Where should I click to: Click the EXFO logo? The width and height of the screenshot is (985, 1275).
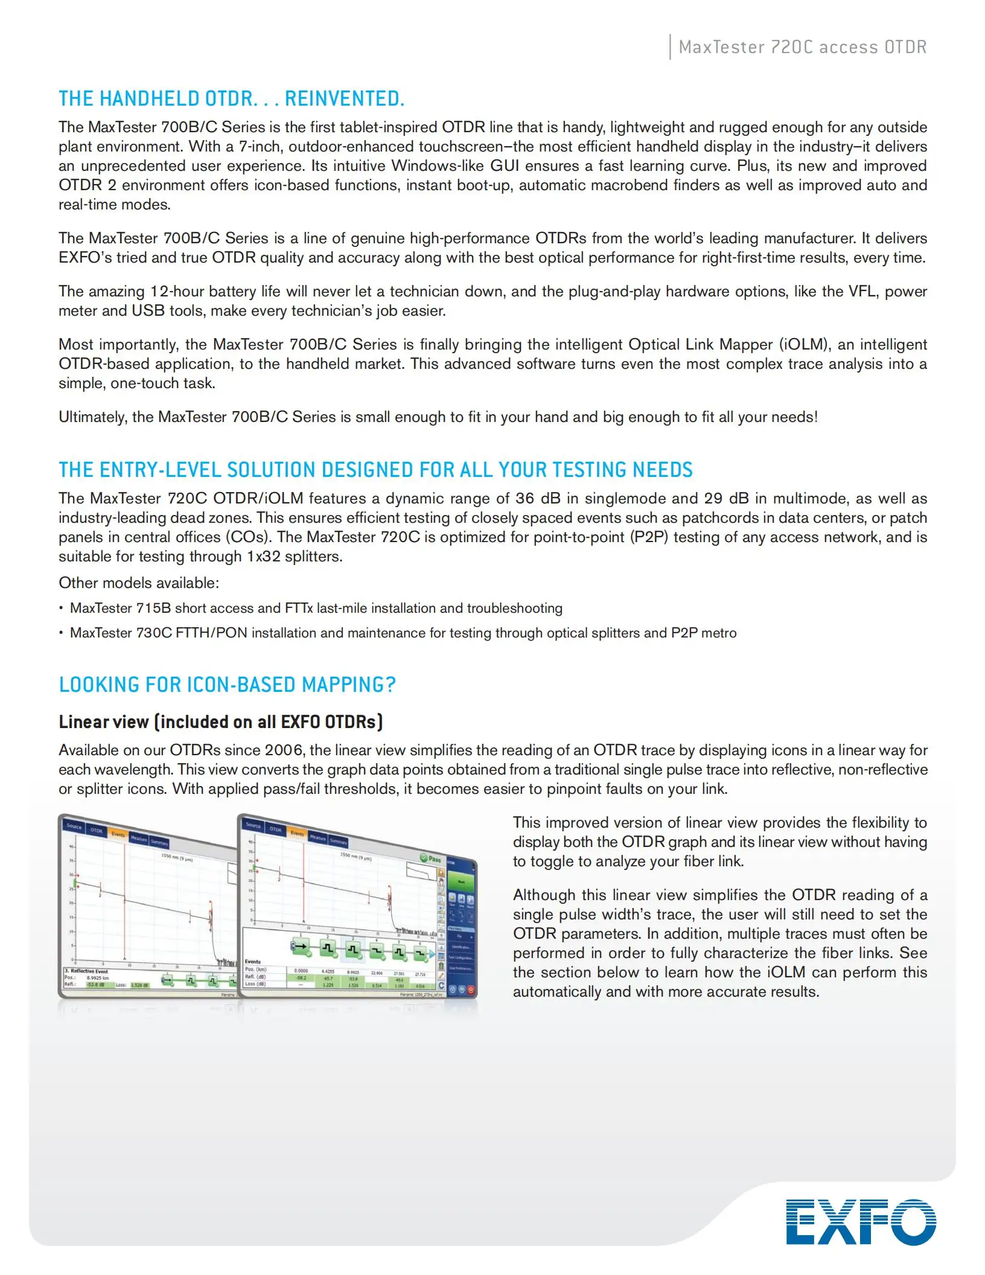pyautogui.click(x=861, y=1222)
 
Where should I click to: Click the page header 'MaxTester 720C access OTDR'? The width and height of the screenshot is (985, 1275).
pyautogui.click(x=802, y=47)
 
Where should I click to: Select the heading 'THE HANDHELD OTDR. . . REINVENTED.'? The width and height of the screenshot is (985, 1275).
pyautogui.click(x=231, y=98)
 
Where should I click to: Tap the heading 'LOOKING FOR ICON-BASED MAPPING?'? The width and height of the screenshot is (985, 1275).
pyautogui.click(x=227, y=685)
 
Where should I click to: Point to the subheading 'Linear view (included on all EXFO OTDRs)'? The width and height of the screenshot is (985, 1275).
pyautogui.click(x=220, y=722)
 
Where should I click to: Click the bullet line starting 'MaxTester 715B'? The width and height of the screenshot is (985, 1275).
pyautogui.click(x=316, y=608)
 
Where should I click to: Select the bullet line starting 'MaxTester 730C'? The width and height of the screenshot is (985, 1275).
pyautogui.click(x=403, y=633)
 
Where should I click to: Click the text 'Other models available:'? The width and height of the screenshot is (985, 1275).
pyautogui.click(x=139, y=583)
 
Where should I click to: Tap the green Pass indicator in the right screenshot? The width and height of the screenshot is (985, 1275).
pyautogui.click(x=431, y=858)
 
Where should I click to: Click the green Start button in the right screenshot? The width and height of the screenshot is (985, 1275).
pyautogui.click(x=461, y=883)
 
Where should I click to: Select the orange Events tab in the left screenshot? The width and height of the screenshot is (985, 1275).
pyautogui.click(x=118, y=834)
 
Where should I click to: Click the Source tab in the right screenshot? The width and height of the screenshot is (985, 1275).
pyautogui.click(x=253, y=825)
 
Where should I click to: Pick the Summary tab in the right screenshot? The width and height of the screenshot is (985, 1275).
pyautogui.click(x=339, y=842)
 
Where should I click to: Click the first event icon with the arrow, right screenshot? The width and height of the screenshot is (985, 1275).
pyautogui.click(x=300, y=947)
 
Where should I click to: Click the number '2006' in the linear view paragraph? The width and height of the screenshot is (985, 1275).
pyautogui.click(x=285, y=750)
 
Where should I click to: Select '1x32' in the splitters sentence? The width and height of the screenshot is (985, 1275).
pyautogui.click(x=264, y=557)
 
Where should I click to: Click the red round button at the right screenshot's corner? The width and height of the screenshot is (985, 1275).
pyautogui.click(x=471, y=991)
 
